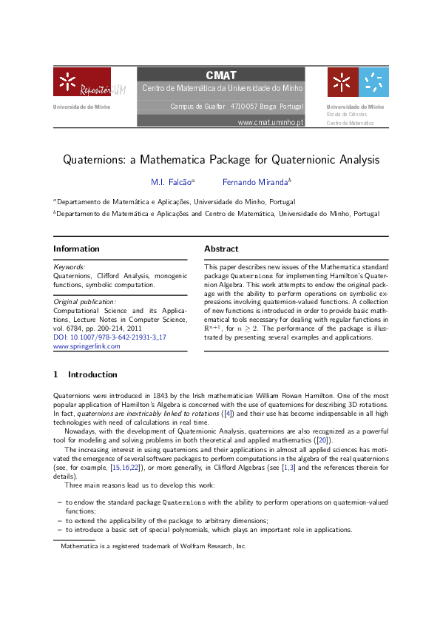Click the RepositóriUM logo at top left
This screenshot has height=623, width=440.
pyautogui.click(x=82, y=82)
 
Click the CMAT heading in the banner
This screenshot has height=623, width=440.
pyautogui.click(x=221, y=75)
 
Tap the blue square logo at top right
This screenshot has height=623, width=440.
pyautogui.click(x=373, y=82)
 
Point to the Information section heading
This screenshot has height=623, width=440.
pyautogui.click(x=76, y=249)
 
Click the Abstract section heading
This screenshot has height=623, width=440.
pyautogui.click(x=221, y=249)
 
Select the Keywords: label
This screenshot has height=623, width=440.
pyautogui.click(x=70, y=266)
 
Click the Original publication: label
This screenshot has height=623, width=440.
pyautogui.click(x=85, y=302)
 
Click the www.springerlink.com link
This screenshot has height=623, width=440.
pyautogui.click(x=87, y=346)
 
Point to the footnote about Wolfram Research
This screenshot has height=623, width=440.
pyautogui.click(x=153, y=546)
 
